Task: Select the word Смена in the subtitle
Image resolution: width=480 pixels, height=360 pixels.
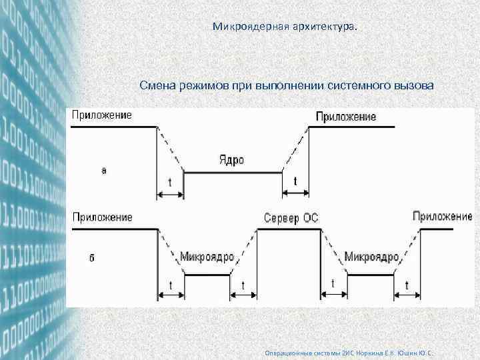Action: pos(157,86)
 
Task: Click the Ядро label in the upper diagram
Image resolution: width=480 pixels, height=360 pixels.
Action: pos(231,160)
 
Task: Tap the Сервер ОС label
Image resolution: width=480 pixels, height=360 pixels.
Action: pos(291,218)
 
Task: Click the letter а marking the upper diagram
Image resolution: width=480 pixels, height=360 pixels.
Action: pos(103,171)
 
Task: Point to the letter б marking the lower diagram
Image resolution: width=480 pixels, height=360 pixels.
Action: pos(91,257)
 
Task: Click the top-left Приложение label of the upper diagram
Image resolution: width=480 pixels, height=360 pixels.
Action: pos(101,115)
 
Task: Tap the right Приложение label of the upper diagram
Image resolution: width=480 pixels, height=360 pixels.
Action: pos(345,116)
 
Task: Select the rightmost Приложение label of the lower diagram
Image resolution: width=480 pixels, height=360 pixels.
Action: pos(442,216)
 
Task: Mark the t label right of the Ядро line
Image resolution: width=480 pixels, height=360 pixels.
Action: pos(296,181)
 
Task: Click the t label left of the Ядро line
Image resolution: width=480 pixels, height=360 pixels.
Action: pos(169,181)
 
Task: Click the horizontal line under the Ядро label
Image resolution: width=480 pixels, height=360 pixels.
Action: pos(230,172)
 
